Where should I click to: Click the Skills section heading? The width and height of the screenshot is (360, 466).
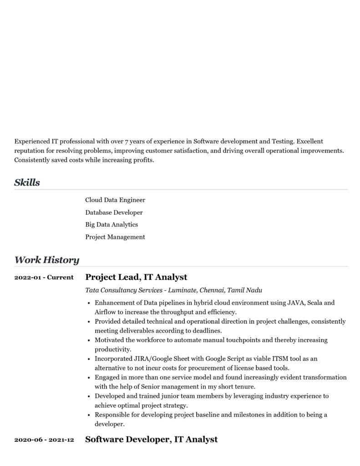click(x=27, y=182)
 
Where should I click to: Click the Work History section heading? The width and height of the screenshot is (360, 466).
click(x=46, y=260)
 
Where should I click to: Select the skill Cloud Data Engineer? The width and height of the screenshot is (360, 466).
click(x=115, y=200)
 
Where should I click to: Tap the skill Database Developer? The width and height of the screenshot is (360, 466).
click(x=114, y=212)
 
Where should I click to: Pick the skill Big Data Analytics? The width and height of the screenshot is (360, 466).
click(x=112, y=224)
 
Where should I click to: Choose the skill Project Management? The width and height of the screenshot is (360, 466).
click(x=115, y=237)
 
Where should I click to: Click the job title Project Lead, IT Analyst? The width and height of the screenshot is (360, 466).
click(x=136, y=277)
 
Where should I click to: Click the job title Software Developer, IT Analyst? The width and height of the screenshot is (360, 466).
click(x=151, y=439)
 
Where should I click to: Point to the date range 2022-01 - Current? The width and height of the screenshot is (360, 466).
click(x=44, y=277)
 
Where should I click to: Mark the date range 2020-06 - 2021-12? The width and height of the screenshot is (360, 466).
click(x=44, y=440)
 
